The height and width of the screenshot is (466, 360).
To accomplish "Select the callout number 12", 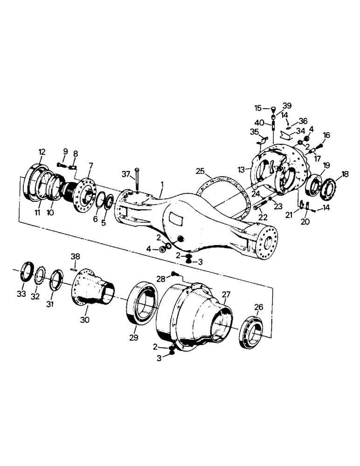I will point(42,152).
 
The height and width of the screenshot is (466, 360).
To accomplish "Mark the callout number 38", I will point(75,256).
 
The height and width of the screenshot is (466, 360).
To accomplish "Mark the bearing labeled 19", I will point(316,185).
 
